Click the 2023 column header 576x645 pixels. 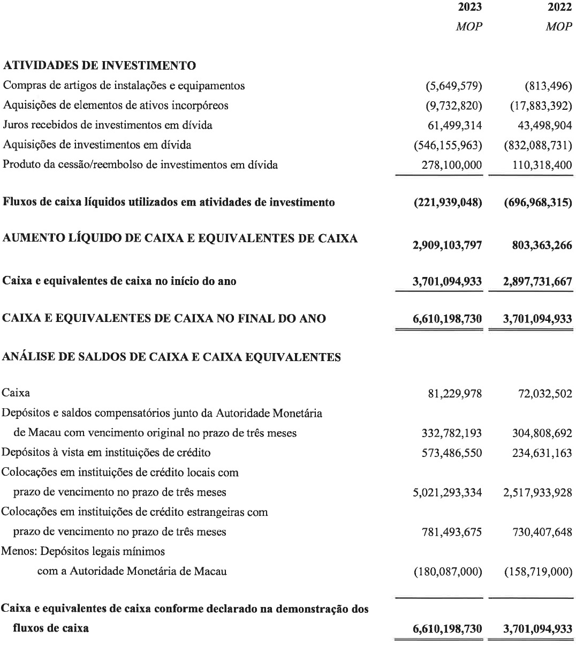click(x=470, y=7)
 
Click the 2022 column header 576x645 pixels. click(x=560, y=7)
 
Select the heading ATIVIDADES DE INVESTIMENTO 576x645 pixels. click(x=100, y=66)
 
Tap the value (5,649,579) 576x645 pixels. click(x=453, y=86)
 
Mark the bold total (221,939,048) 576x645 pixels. click(x=448, y=202)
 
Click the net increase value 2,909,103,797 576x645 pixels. click(x=448, y=246)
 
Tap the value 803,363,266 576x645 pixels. click(x=538, y=246)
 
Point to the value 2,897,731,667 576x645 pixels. click(x=537, y=281)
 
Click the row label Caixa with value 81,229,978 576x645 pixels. click(x=16, y=393)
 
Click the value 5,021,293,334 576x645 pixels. click(x=448, y=492)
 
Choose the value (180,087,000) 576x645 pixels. click(x=448, y=572)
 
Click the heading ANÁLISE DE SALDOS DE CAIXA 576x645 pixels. click(x=171, y=357)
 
